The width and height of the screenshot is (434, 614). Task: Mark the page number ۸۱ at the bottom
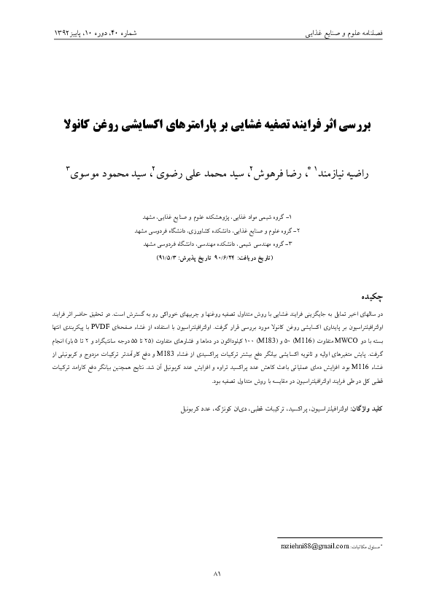[x=217, y=575]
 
